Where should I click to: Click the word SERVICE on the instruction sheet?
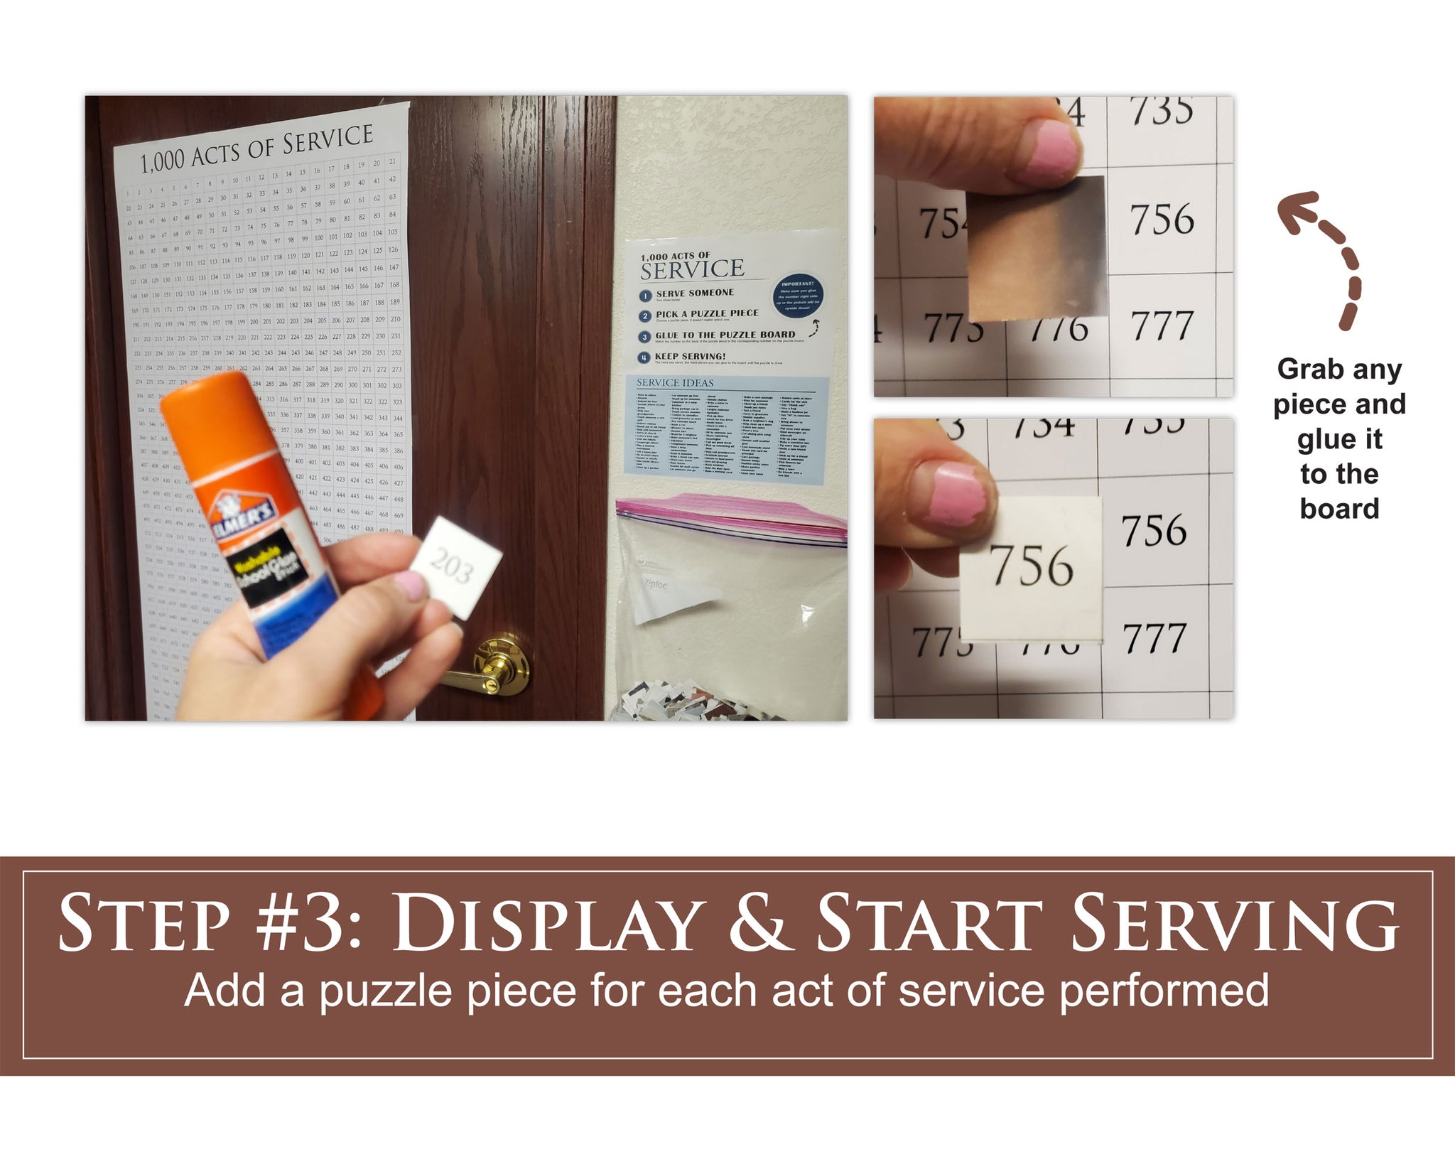pos(692,269)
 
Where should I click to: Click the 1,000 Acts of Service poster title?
pos(256,149)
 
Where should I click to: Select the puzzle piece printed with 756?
pos(1031,568)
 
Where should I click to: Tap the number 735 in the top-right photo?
pos(1162,112)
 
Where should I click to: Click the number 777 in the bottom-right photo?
pos(1154,637)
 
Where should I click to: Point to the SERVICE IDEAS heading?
pos(675,383)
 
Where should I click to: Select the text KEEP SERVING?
pos(690,356)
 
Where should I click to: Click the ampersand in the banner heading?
pos(759,923)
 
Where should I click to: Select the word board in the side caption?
pos(1339,509)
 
